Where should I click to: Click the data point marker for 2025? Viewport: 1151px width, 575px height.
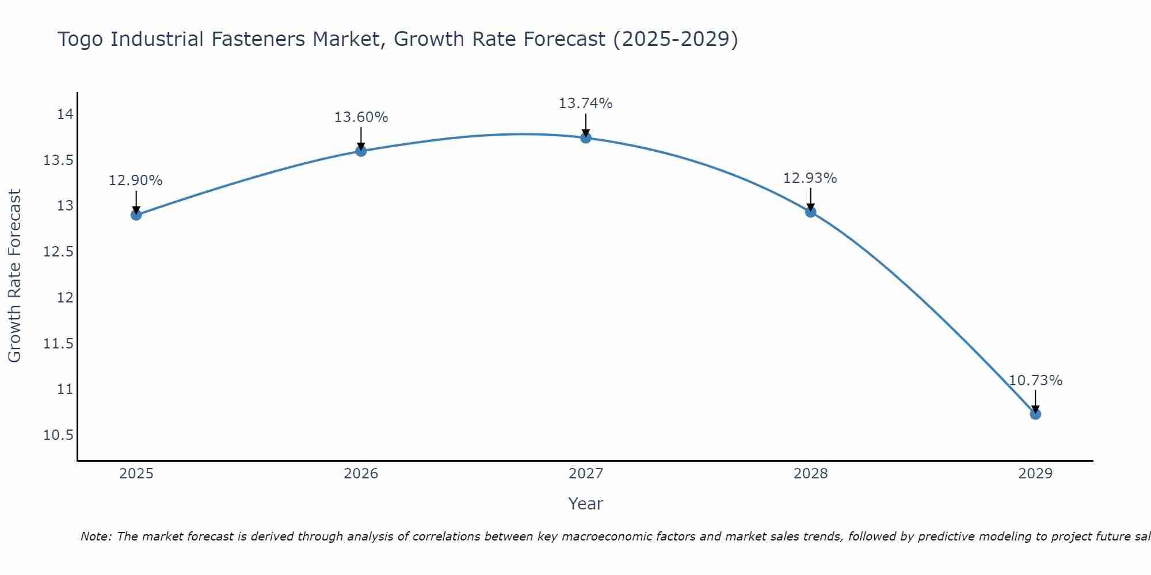point(136,215)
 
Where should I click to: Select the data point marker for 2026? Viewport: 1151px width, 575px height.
point(361,151)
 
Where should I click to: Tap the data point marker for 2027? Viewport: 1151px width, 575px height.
point(586,138)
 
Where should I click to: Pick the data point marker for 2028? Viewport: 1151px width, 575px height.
point(810,212)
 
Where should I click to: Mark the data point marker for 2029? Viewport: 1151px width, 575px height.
point(1035,414)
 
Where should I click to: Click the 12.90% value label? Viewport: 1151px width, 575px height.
point(136,181)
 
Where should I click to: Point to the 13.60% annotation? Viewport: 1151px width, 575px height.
point(361,117)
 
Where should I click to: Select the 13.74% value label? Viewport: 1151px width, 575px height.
point(585,103)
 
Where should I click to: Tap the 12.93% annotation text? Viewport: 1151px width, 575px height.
point(810,178)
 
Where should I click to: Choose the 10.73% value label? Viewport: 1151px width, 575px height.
point(1035,381)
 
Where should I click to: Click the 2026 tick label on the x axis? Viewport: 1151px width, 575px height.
point(361,474)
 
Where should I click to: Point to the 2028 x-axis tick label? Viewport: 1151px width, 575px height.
point(810,474)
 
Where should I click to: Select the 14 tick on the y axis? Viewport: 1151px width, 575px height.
point(65,114)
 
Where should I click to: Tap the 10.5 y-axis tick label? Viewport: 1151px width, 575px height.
point(59,435)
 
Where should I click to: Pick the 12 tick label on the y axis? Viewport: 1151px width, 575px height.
point(65,298)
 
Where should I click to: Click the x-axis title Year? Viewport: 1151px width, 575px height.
point(585,504)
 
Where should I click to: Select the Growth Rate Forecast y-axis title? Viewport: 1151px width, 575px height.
point(15,276)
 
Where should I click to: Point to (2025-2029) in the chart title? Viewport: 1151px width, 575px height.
point(675,40)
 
